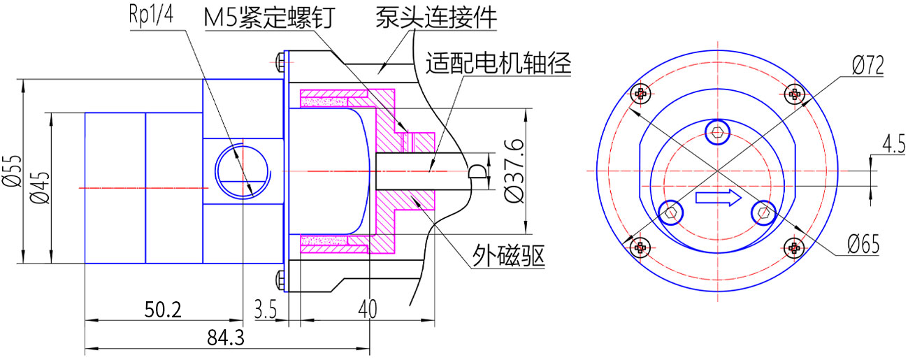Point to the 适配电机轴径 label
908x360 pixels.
pyautogui.click(x=498, y=64)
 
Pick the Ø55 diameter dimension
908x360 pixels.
pyautogui.click(x=13, y=172)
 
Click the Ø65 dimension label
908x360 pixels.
pyautogui.click(x=863, y=245)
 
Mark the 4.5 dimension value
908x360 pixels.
pyautogui.click(x=892, y=145)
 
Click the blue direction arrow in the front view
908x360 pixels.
pyautogui.click(x=718, y=199)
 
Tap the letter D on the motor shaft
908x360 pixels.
pyautogui.click(x=478, y=172)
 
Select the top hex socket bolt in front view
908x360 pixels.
pyautogui.click(x=716, y=131)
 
